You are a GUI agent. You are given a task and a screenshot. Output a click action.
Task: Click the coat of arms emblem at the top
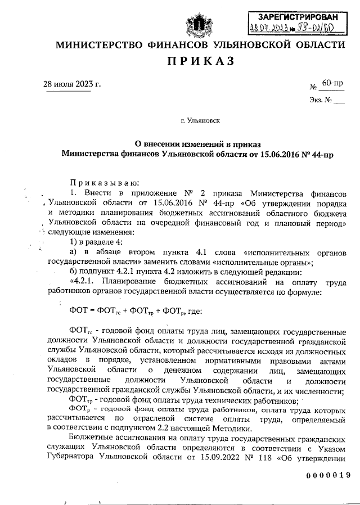point(198,25)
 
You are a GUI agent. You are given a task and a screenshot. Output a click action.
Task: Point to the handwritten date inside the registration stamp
point(267,29)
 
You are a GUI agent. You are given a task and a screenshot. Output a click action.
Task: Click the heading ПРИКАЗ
point(197,60)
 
